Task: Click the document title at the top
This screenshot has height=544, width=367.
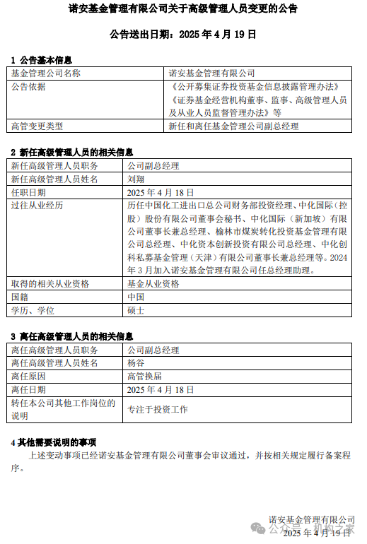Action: pyautogui.click(x=183, y=9)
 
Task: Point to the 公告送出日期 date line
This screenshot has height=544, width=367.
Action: pyautogui.click(x=183, y=33)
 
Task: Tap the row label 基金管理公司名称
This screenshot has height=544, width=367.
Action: pyautogui.click(x=46, y=73)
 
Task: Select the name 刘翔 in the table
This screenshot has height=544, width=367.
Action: pyautogui.click(x=136, y=179)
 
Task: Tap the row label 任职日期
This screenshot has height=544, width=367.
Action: pyautogui.click(x=28, y=192)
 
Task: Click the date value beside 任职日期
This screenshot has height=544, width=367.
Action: pyautogui.click(x=160, y=192)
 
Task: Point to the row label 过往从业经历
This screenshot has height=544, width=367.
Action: pyautogui.click(x=37, y=206)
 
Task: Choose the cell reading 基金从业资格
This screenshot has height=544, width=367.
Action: pyautogui.click(x=153, y=283)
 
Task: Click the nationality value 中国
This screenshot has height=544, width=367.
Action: pyautogui.click(x=136, y=297)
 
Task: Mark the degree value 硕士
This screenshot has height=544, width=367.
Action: pyautogui.click(x=136, y=310)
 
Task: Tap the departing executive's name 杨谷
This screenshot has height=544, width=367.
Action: pyautogui.click(x=136, y=363)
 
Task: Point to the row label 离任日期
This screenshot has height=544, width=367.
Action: pyautogui.click(x=28, y=390)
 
